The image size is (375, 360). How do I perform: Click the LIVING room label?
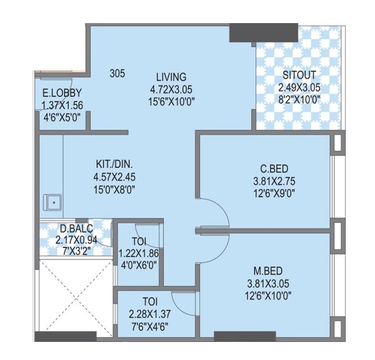[171, 77]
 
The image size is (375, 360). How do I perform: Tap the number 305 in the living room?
[117, 73]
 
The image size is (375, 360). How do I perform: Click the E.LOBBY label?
[62, 93]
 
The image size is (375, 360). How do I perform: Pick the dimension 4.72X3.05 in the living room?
[171, 89]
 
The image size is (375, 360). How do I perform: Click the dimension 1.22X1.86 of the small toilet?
[138, 254]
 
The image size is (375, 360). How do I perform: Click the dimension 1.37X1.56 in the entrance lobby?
[62, 105]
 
